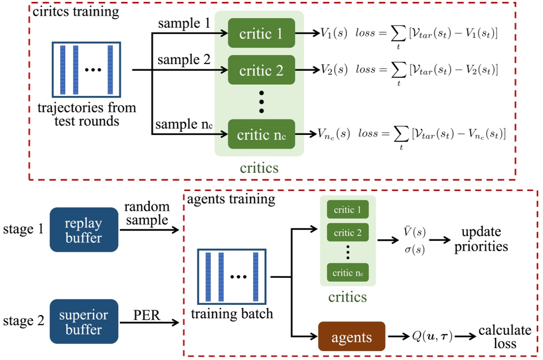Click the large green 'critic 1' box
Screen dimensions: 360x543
261,33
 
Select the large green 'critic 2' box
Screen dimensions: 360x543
261,70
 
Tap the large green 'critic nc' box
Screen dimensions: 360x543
261,134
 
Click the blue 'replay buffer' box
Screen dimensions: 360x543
84,229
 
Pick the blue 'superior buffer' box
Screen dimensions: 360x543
84,321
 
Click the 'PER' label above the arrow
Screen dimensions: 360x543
147,314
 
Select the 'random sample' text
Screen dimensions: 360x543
147,214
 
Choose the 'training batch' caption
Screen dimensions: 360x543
231,314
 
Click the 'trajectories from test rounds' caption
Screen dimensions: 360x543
87,114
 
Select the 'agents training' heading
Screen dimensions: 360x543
231,200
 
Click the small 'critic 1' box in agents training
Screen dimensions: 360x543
348,210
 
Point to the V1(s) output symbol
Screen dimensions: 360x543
334,33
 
